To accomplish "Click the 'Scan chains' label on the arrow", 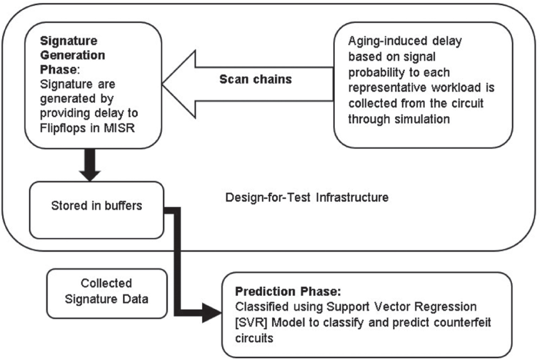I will pos(255,80).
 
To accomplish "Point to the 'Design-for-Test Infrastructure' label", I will pos(306,197).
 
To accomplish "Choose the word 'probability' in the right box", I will pos(373,73).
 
